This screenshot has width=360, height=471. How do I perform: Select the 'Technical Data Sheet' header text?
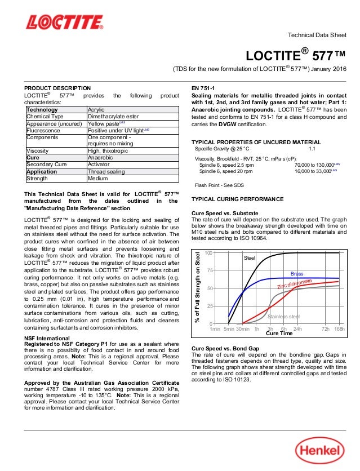pos(317,35)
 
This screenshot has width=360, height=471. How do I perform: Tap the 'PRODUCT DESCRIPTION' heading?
pos(57,88)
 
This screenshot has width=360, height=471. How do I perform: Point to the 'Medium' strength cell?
pos(98,178)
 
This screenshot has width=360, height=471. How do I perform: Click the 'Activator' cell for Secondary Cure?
pos(100,165)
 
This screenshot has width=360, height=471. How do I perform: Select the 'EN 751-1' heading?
pos(205,88)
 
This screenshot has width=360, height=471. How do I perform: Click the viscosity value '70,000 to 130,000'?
pos(315,165)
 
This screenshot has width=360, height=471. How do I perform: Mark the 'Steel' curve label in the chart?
pos(249,258)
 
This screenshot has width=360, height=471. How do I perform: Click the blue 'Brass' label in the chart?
pos(297,274)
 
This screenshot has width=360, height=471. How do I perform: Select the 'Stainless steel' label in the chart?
pos(283,317)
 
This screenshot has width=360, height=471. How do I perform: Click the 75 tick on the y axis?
pos(209,270)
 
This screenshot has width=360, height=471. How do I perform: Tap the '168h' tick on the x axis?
pos(339,328)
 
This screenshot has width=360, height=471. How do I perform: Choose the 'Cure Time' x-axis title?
pos(279,334)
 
